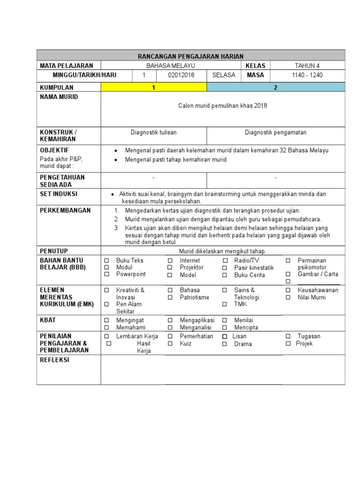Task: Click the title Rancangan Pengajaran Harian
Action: (191, 56)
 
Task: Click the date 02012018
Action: (181, 75)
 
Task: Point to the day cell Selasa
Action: (224, 75)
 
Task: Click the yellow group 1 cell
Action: (153, 88)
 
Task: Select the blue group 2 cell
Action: (276, 88)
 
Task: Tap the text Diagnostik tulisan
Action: (153, 133)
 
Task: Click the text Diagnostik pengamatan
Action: (276, 133)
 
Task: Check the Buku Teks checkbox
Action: (106, 261)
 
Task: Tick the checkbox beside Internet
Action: (170, 261)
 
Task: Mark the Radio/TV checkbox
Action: (225, 261)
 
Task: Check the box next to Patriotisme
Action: (170, 298)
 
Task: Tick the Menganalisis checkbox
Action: (170, 328)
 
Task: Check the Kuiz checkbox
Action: (170, 344)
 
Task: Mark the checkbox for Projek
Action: (288, 344)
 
